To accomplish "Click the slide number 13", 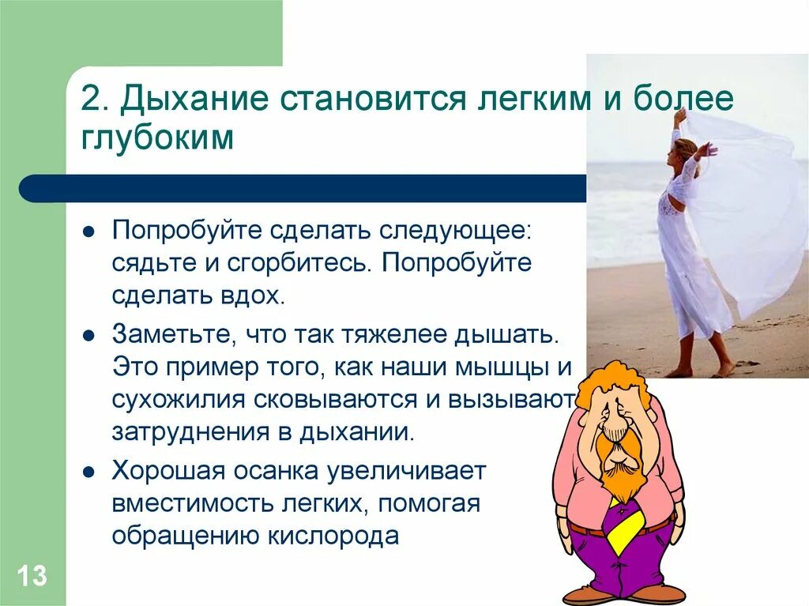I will (x=32, y=576).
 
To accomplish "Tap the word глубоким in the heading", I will (x=157, y=138).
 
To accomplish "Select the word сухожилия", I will (x=179, y=399).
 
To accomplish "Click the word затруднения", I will (x=190, y=432).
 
